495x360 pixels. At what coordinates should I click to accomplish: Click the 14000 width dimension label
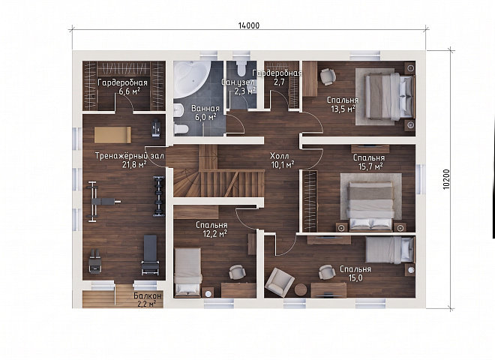click(249, 25)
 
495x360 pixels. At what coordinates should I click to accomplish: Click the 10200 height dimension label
click(446, 179)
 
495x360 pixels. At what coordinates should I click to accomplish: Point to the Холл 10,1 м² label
click(282, 160)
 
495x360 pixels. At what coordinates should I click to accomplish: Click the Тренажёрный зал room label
click(130, 156)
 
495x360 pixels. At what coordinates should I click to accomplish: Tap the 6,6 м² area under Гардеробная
click(130, 91)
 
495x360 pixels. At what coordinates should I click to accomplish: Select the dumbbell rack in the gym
click(159, 196)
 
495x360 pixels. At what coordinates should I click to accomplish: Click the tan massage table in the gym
click(112, 135)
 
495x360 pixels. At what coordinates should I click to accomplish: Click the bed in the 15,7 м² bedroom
click(370, 205)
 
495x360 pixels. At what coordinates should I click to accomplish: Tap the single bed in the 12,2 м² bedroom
click(187, 272)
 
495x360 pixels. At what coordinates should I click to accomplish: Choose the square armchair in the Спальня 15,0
click(280, 280)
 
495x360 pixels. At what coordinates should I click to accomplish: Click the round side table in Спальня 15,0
click(301, 290)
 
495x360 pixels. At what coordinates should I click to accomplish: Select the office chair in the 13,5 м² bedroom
click(328, 76)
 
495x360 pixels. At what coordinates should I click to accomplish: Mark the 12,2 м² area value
click(215, 234)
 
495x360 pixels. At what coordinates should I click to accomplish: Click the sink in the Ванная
click(179, 112)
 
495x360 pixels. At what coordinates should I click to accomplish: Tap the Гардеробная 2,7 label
click(277, 78)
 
